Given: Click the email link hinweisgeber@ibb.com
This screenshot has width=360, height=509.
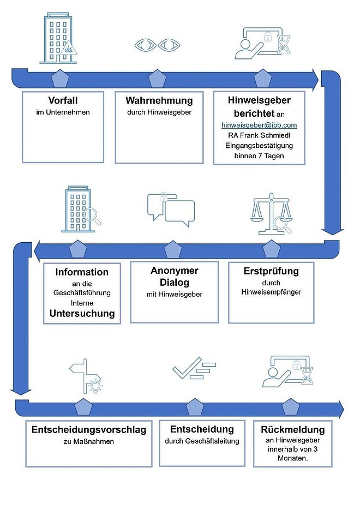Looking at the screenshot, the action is [x=259, y=125].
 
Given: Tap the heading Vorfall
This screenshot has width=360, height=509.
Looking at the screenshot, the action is [x=63, y=100].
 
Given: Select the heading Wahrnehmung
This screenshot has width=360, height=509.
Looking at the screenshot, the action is [x=159, y=100].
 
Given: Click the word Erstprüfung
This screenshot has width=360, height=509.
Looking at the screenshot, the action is [x=271, y=271].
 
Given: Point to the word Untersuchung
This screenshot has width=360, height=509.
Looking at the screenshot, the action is [x=82, y=314].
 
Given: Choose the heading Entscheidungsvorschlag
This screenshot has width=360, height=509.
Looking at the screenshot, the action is [x=89, y=430].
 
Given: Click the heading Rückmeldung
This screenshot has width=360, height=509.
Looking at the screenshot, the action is [x=292, y=430].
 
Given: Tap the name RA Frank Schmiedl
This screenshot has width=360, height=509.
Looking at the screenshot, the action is [x=259, y=135].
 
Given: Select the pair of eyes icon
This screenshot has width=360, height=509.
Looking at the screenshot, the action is [x=158, y=45].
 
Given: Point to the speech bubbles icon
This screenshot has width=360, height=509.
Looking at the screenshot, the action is [x=171, y=209].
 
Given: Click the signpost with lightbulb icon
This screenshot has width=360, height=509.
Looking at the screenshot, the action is [x=86, y=376].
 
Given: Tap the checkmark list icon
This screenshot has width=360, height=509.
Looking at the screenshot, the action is [x=194, y=368].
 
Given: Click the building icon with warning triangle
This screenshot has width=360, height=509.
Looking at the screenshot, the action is [x=58, y=38].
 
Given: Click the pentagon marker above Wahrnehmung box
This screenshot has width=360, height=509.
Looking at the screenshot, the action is [x=158, y=79].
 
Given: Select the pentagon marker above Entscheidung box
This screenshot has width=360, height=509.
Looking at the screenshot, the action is [x=194, y=408].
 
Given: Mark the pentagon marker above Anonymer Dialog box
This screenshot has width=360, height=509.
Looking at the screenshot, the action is [x=173, y=250].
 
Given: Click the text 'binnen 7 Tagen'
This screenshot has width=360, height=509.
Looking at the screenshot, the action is [x=259, y=156].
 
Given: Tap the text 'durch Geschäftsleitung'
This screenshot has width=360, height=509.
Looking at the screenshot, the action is [x=202, y=441].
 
